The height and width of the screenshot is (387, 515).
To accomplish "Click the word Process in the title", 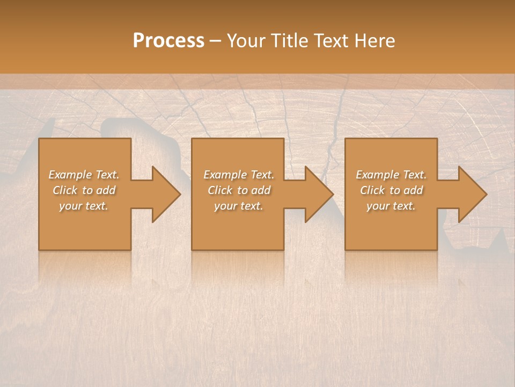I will (168, 41).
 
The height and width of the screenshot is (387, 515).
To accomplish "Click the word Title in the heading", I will (289, 41).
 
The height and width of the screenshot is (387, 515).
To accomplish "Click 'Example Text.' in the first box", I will (84, 175).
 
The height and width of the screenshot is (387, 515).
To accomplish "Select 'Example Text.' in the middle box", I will (239, 175).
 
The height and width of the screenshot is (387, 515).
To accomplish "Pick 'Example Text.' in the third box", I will (391, 175).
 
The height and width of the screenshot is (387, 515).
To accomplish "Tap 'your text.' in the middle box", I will (238, 206).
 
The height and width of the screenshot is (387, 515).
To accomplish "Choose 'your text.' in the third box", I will (391, 206).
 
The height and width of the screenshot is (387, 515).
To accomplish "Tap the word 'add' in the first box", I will (106, 190).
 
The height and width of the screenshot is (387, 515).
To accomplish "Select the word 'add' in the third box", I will (414, 190).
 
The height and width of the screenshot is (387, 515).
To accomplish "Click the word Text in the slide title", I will (332, 41).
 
